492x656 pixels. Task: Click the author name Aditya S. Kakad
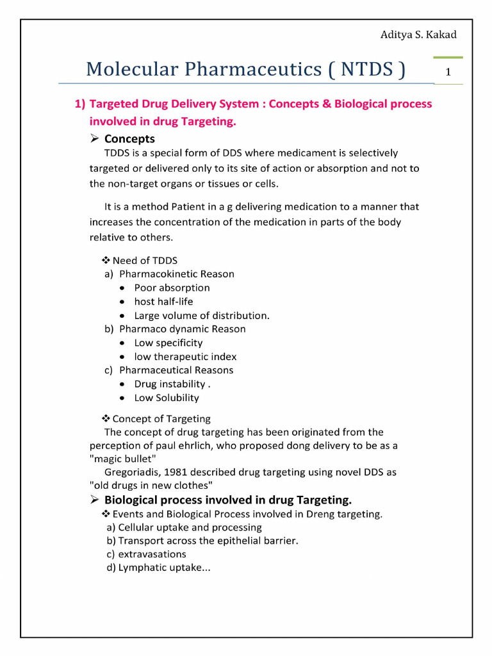coord(418,35)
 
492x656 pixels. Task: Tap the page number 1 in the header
coord(448,72)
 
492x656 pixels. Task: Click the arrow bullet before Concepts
coord(94,139)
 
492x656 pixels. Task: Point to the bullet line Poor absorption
coord(172,288)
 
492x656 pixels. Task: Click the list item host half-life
coord(163,301)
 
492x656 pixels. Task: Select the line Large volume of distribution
coord(202,315)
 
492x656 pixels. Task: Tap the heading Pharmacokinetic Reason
coord(176,274)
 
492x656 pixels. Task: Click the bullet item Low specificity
coord(168,343)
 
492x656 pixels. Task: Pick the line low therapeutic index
coord(185,357)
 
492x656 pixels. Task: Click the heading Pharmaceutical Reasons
coord(176,370)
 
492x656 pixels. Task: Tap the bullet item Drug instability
coord(172,384)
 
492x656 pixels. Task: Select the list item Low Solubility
coord(167,398)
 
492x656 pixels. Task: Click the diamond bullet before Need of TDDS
coord(106,260)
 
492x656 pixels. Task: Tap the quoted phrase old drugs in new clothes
coord(151,486)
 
